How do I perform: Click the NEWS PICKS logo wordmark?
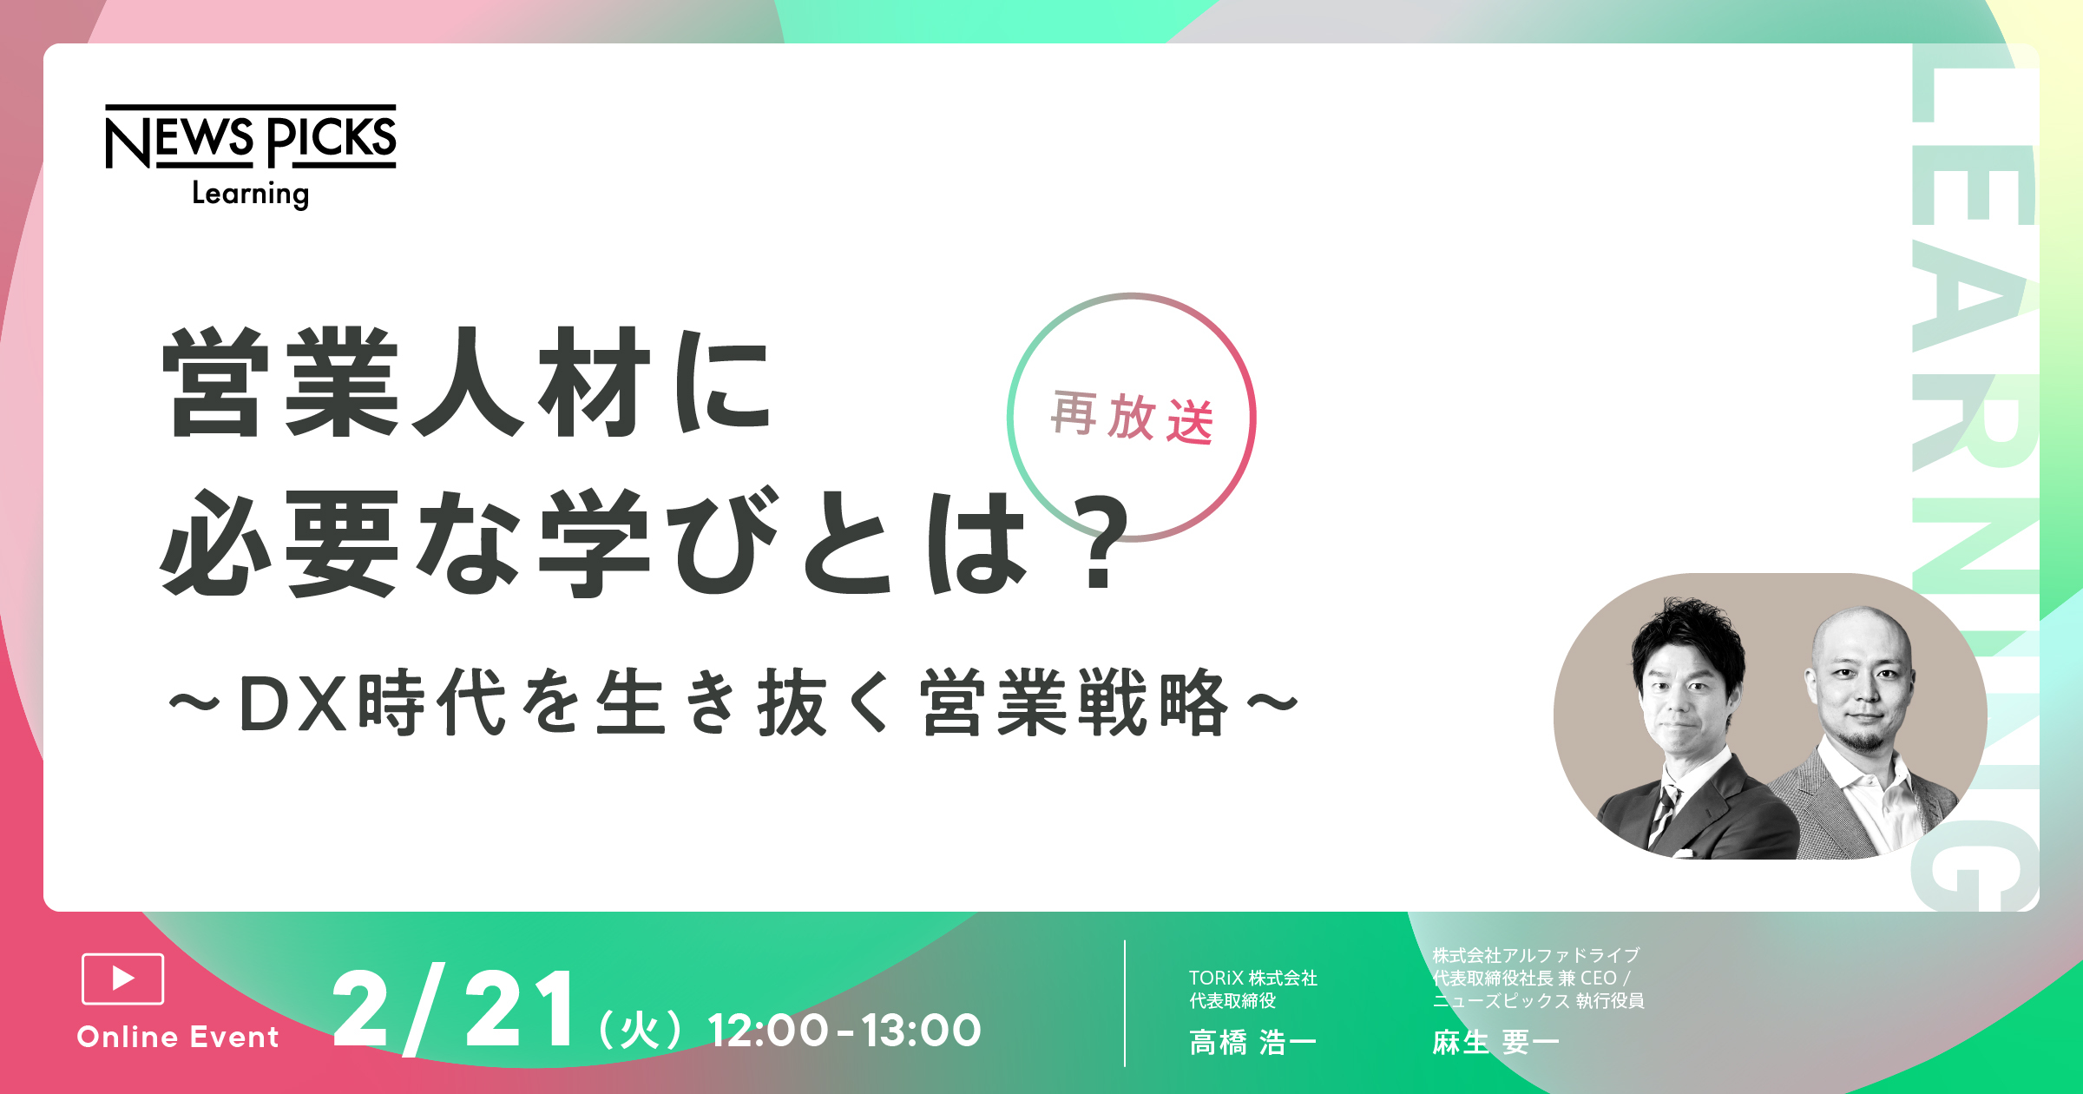coord(251,136)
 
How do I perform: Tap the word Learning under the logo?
coord(251,194)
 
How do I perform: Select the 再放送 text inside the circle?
coord(1132,418)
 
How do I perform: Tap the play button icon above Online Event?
coord(122,979)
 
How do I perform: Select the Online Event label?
coord(178,1037)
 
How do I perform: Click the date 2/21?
coord(453,1010)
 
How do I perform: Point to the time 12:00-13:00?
coord(844,1031)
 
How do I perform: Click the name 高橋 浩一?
coord(1252,1042)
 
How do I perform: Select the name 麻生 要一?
coord(1495,1042)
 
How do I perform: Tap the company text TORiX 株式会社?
coord(1253,979)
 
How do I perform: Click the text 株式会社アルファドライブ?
coord(1536,956)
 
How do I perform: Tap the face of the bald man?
coord(1862,686)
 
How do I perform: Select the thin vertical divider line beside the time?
coord(1125,1004)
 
